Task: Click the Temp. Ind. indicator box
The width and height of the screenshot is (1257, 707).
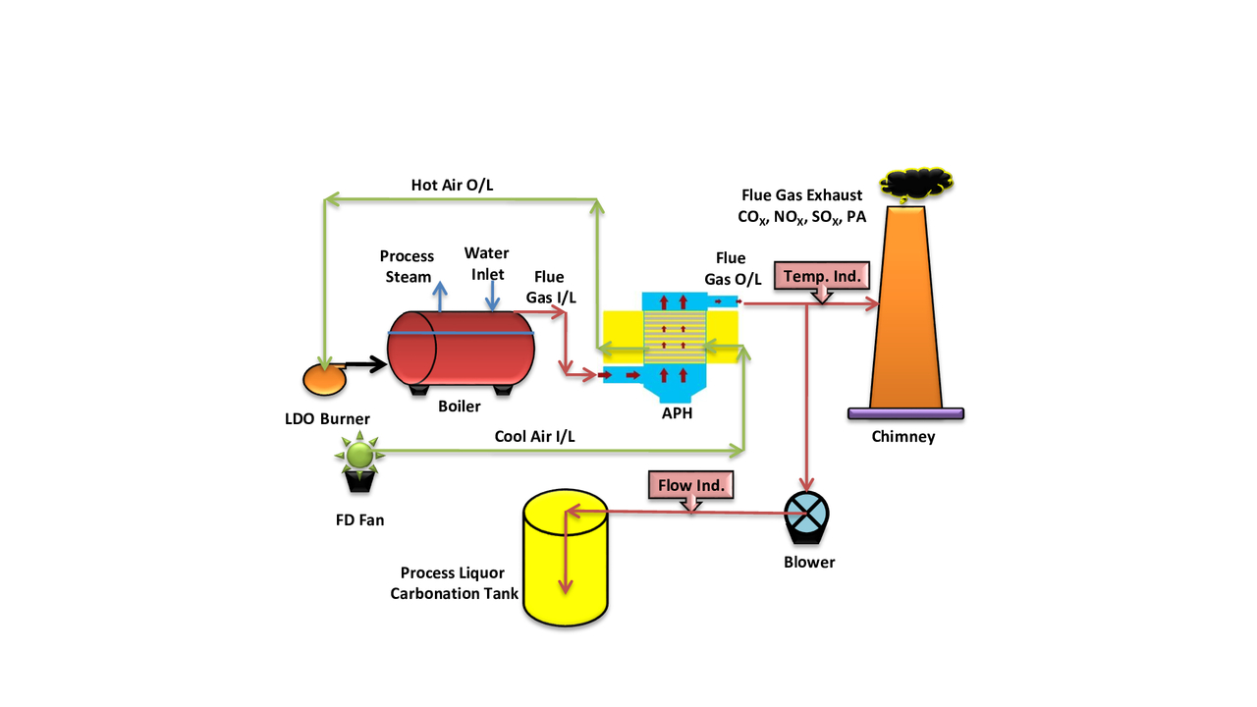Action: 822,277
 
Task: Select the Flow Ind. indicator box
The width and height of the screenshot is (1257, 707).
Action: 691,484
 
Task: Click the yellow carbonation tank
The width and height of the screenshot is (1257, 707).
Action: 565,557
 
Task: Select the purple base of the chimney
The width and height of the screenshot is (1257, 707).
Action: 905,413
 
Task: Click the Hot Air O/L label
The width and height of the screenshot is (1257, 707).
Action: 452,185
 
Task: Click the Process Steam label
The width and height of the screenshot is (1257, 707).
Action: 408,266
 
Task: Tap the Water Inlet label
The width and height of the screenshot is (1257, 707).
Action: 486,263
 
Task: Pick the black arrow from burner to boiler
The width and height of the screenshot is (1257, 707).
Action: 367,365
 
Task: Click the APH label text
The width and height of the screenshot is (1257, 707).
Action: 678,413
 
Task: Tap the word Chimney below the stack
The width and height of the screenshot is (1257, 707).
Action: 903,436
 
